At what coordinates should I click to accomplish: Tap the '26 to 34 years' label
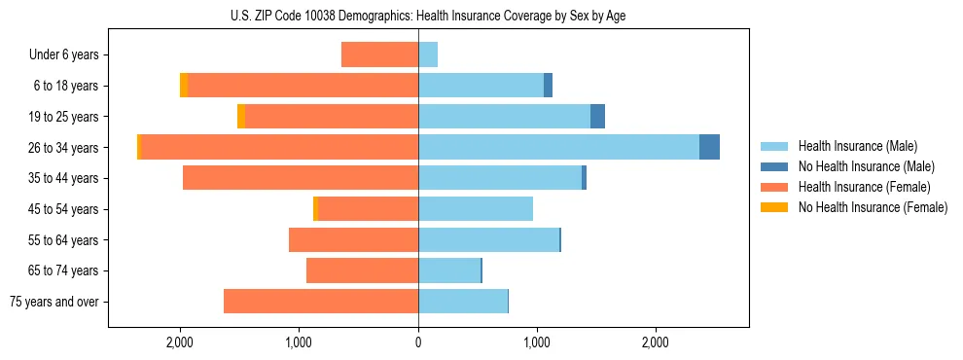(65, 148)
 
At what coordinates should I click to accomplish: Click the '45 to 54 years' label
(65, 209)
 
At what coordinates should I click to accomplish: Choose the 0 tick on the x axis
(418, 342)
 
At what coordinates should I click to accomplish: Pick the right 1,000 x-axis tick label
(537, 342)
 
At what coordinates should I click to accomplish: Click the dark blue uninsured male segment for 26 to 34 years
(709, 147)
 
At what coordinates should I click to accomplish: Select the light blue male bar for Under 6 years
(428, 54)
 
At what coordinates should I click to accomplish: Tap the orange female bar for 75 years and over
(321, 302)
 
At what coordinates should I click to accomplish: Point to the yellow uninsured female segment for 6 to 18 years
(184, 86)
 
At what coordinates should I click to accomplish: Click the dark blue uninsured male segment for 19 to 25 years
(597, 117)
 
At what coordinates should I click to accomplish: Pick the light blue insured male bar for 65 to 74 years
(449, 270)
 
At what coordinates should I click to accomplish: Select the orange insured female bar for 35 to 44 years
(301, 178)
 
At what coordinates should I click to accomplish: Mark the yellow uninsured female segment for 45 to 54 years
(315, 209)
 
